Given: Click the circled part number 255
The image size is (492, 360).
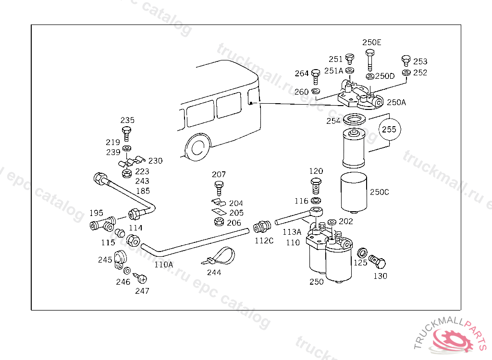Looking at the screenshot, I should (390, 129).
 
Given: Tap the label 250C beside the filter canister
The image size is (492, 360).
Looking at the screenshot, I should (380, 192).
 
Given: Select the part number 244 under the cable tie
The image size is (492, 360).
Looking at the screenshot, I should (214, 272).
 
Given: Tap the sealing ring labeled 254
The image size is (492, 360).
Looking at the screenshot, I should (356, 120).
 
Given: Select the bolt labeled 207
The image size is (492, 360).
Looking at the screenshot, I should (219, 187).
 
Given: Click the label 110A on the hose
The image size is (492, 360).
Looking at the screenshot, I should (163, 264).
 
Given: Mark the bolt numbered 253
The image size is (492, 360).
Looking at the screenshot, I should (406, 61).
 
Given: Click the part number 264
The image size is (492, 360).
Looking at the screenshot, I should (302, 73).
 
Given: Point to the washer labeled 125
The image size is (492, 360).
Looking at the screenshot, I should (364, 252).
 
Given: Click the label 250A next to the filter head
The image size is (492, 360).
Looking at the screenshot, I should (396, 102).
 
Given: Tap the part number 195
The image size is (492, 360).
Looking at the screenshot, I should (96, 213).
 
